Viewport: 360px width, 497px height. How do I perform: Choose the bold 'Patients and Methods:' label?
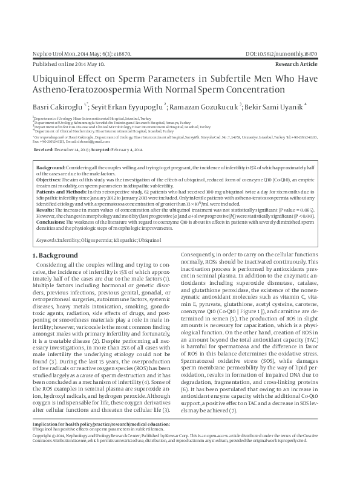[x=60, y=191]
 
